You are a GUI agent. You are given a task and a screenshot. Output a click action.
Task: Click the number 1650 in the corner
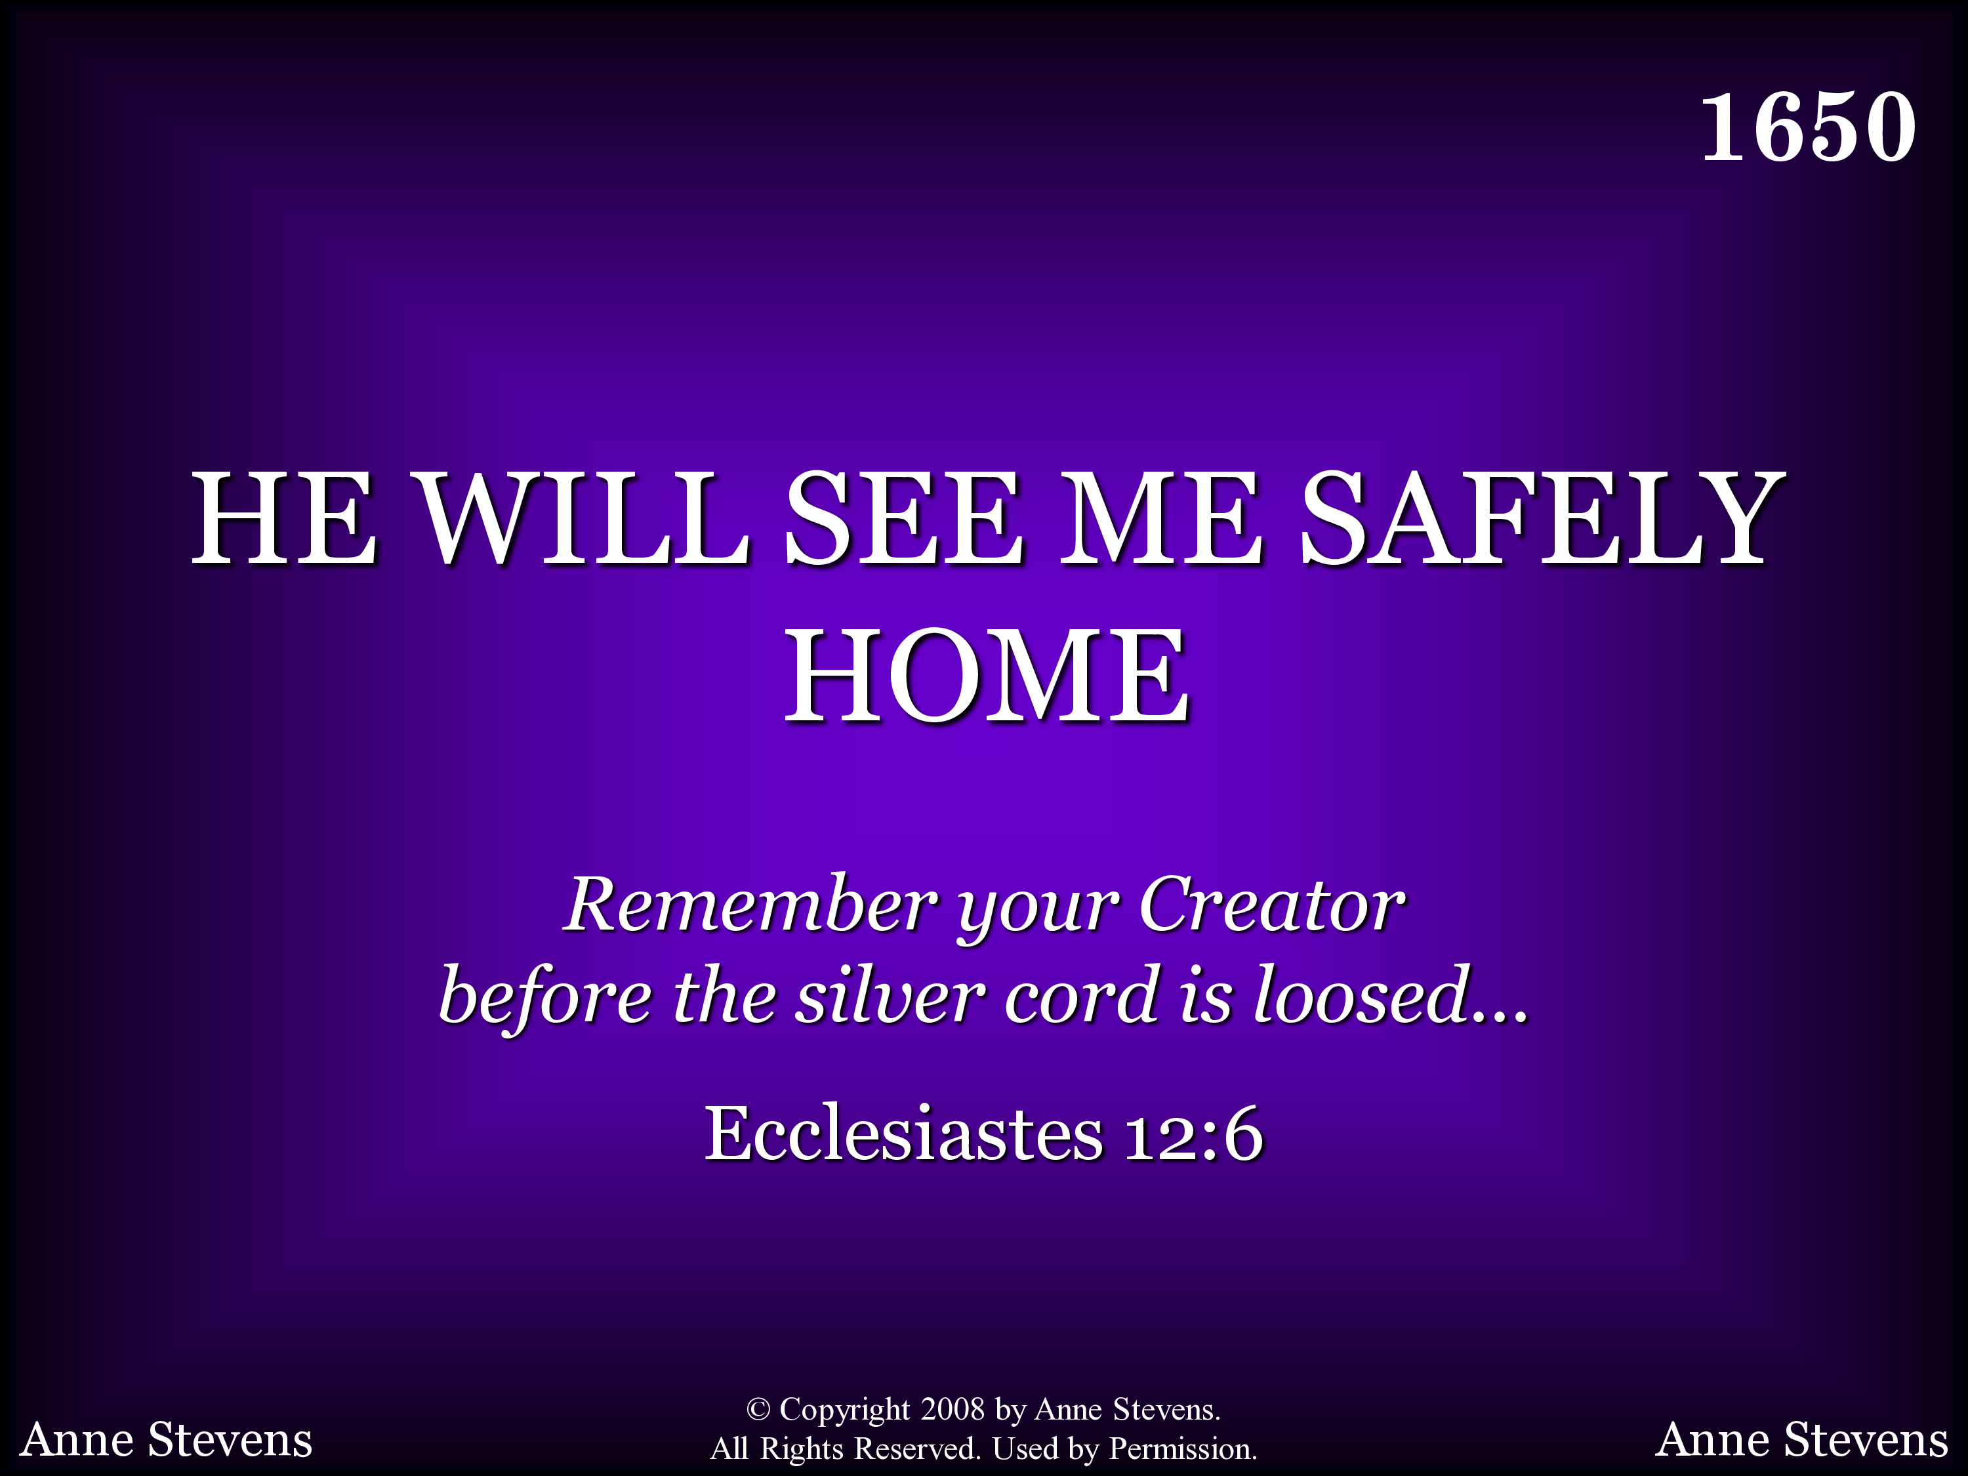[1808, 127]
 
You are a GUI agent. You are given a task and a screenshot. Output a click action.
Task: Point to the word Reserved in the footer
[916, 1448]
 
